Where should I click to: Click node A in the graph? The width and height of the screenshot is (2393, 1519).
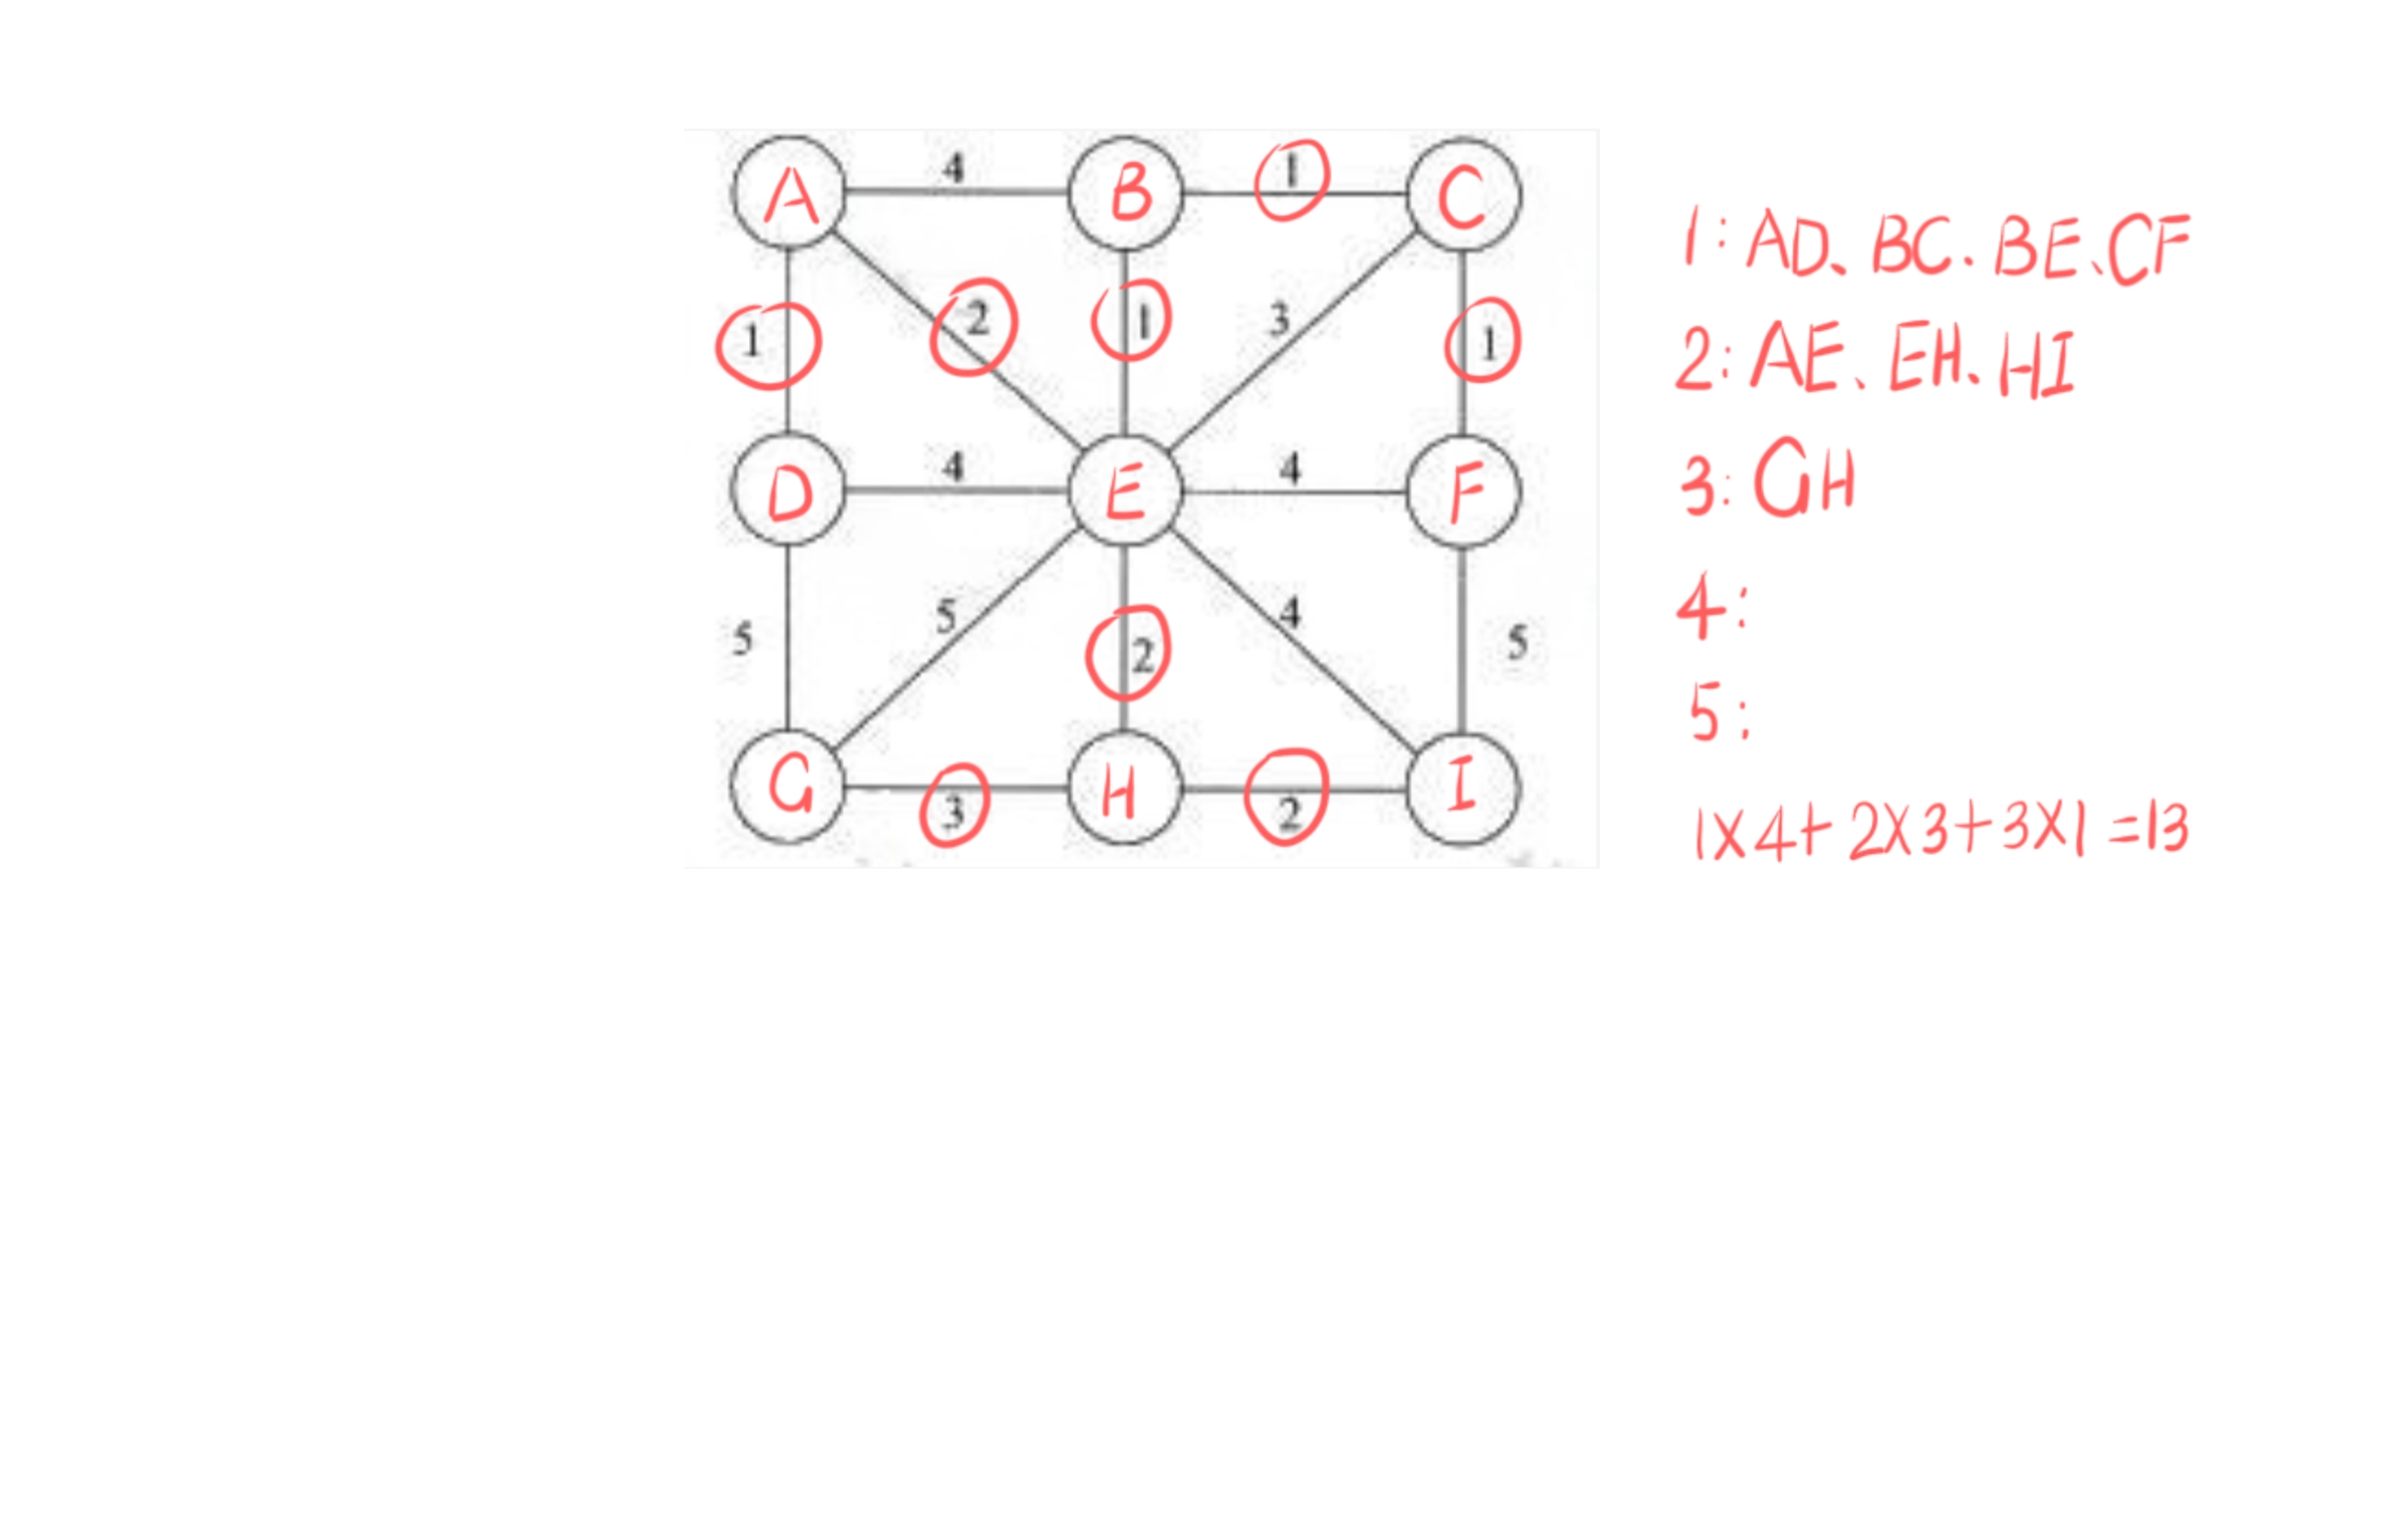point(789,193)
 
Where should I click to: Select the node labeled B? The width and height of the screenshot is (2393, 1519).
point(1126,193)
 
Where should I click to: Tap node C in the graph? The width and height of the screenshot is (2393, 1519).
point(1463,195)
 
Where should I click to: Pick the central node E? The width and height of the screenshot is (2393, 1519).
point(1125,490)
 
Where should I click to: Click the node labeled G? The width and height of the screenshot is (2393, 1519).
point(789,787)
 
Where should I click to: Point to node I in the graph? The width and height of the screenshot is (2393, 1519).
point(1463,788)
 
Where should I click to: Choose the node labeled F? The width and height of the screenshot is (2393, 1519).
point(1463,491)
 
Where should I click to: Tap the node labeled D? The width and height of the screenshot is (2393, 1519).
point(789,489)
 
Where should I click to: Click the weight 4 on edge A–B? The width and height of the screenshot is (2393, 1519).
point(953,168)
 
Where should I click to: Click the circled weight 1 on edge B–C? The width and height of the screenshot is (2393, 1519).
point(1291,176)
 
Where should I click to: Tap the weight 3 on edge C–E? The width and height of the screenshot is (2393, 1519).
point(1280,319)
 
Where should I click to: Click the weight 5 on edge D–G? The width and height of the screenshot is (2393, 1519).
point(743,639)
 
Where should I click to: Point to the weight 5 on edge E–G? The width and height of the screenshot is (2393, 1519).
point(946,617)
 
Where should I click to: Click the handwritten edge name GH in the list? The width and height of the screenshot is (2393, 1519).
point(1804,480)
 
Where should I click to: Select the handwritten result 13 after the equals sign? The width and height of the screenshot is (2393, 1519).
point(2168,830)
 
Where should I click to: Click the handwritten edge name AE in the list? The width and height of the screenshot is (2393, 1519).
point(1796,359)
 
